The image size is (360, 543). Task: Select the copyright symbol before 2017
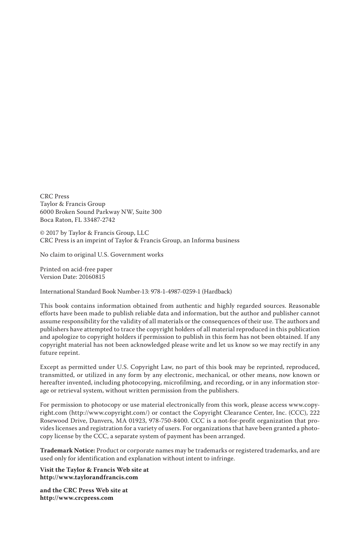point(42,233)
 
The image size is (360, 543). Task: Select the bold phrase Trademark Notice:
point(67,450)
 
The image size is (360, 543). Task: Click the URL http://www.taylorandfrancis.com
point(89,477)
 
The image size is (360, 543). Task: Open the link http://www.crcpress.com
point(76,498)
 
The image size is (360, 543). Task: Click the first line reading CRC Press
point(55,196)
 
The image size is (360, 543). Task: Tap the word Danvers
point(96,421)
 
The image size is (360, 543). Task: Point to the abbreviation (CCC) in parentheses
point(293,413)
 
